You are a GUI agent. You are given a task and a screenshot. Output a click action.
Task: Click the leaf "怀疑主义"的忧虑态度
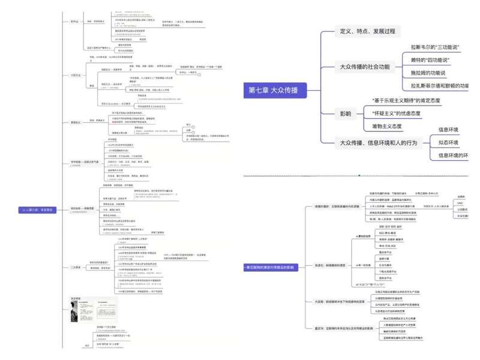[404, 113]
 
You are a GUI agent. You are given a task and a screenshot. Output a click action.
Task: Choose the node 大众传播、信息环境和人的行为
[377, 142]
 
